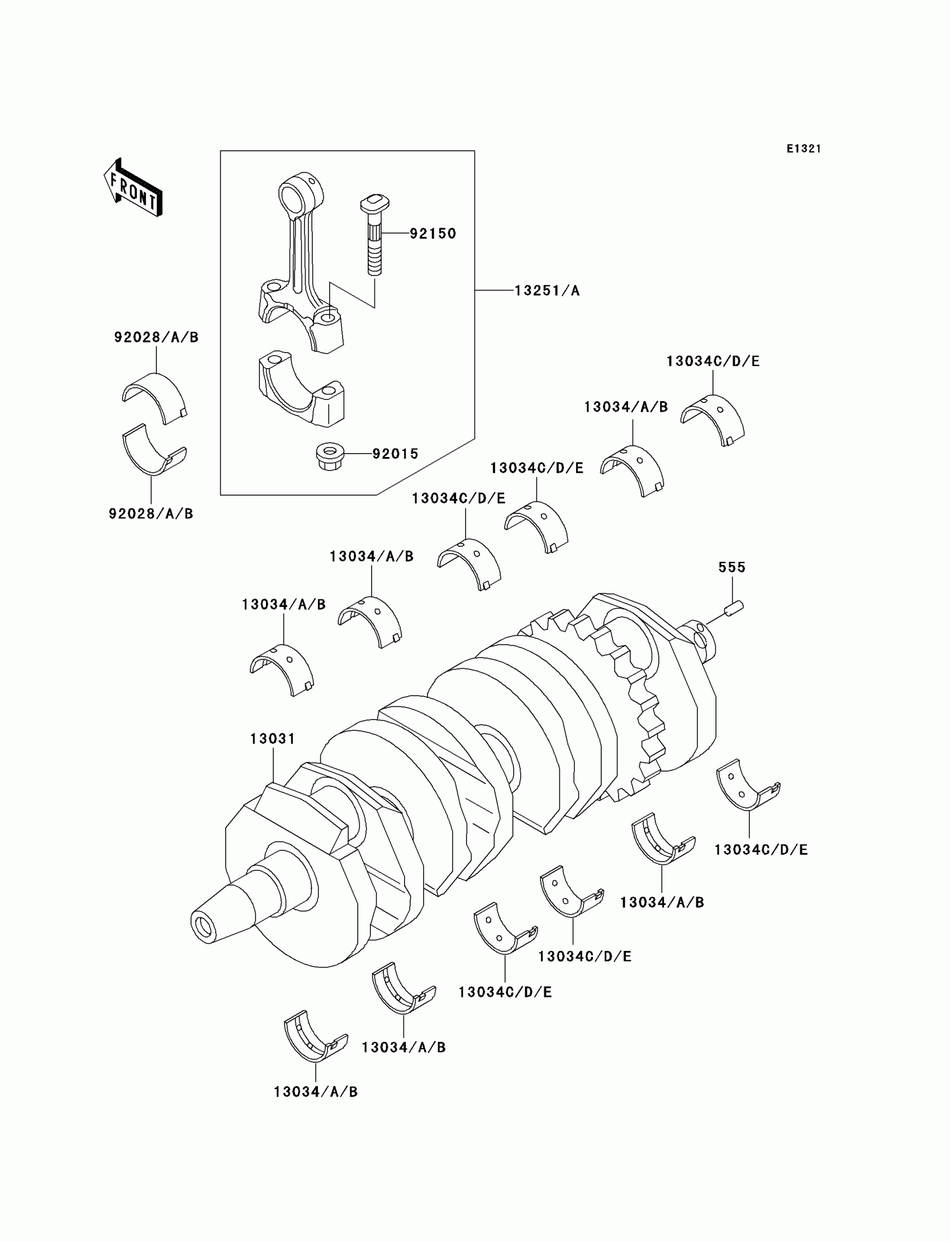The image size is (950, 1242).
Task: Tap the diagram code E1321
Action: (x=803, y=149)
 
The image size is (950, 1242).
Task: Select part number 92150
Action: (x=433, y=234)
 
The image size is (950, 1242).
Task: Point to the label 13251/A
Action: (x=547, y=291)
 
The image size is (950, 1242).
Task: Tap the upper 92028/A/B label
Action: (x=156, y=337)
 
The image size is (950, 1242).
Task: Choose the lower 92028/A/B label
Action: (x=151, y=513)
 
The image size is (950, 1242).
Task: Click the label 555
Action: (x=731, y=567)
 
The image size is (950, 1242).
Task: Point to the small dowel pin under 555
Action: (x=734, y=609)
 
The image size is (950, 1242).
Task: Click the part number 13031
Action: (x=273, y=739)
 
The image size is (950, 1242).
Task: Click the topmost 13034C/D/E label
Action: (x=712, y=361)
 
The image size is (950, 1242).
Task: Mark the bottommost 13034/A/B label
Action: (x=316, y=1092)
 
